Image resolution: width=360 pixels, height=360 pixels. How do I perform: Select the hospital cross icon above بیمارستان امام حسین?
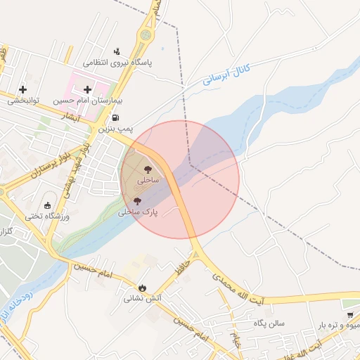(x=87, y=89)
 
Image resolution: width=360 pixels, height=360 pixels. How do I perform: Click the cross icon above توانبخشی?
(x=24, y=89)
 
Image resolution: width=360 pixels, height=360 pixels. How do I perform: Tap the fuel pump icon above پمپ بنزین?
(x=115, y=117)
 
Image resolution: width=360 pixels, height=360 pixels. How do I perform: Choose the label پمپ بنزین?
(x=114, y=129)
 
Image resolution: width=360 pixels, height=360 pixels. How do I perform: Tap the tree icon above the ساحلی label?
(x=148, y=169)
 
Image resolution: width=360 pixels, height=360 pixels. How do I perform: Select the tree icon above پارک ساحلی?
(x=137, y=200)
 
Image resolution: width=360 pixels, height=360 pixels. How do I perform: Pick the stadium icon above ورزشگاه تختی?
(x=48, y=205)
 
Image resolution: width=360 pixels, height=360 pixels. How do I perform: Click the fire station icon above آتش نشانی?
(x=143, y=287)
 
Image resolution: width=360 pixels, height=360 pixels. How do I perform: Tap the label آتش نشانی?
(x=143, y=298)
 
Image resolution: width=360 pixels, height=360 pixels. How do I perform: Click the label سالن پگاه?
(x=269, y=324)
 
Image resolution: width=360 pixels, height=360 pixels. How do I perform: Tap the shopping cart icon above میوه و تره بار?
(x=349, y=314)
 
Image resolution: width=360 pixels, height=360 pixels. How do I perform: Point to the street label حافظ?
(x=183, y=269)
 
